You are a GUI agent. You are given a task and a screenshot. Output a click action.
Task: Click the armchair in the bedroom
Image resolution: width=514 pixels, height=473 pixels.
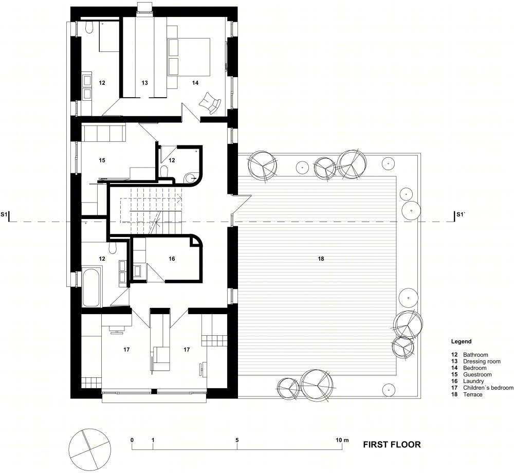(x=210, y=103)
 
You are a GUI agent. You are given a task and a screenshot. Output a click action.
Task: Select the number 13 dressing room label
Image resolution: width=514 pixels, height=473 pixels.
(x=144, y=83)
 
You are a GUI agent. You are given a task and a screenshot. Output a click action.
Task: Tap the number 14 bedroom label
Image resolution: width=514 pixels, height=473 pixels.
(x=195, y=83)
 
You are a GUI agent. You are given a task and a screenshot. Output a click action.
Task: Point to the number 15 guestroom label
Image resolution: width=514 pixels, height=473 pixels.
(x=102, y=160)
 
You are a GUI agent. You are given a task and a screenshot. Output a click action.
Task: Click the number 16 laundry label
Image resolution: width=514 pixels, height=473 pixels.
(x=172, y=259)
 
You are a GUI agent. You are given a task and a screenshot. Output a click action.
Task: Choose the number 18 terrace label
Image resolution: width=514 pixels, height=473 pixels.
(x=321, y=259)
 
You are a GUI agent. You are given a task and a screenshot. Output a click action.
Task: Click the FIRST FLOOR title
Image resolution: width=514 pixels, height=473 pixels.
(x=392, y=445)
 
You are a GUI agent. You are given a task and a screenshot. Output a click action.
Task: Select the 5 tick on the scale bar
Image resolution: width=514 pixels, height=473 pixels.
(x=237, y=440)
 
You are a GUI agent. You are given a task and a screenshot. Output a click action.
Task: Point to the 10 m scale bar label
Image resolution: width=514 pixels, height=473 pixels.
(x=342, y=440)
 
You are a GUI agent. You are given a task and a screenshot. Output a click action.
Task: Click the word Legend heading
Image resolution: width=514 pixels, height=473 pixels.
(x=461, y=341)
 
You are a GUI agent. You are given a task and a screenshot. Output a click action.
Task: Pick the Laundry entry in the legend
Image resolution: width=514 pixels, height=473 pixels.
(x=473, y=381)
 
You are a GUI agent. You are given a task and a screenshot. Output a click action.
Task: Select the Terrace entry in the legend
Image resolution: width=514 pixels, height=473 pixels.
(x=473, y=394)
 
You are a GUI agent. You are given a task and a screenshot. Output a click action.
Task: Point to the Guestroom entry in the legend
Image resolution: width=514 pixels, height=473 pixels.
(x=478, y=375)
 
